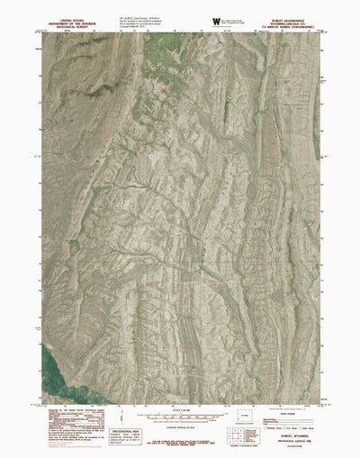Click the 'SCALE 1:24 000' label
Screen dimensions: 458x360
tap(180, 411)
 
